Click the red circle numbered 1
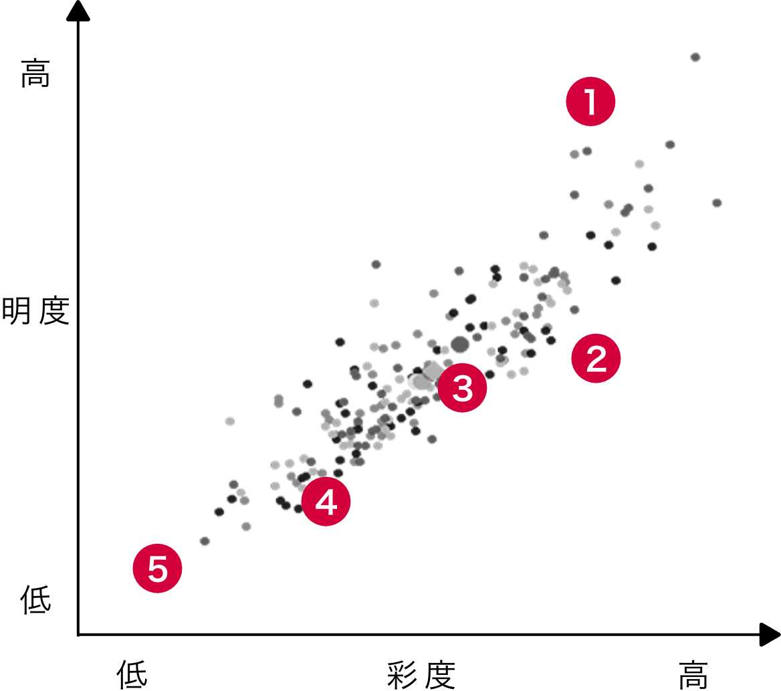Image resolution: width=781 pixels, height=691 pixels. point(590,102)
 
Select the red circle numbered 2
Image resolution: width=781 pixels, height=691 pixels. point(596,358)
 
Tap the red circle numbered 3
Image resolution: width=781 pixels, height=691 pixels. point(462,387)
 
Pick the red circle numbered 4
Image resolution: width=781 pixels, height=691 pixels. point(326,501)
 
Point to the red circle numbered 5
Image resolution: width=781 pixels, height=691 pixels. point(157,569)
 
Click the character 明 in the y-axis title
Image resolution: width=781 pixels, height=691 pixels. point(17,311)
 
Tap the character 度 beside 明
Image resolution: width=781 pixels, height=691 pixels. point(53,311)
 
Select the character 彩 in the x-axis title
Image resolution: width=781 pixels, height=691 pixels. point(402,676)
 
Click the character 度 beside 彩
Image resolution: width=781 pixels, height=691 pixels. point(440,676)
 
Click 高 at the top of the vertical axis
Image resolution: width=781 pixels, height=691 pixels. point(35,73)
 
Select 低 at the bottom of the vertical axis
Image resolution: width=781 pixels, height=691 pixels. point(35,599)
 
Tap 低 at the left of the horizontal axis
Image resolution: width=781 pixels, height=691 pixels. point(132,674)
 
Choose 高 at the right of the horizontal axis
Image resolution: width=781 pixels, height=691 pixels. point(693,675)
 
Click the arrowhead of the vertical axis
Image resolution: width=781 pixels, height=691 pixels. point(78,10)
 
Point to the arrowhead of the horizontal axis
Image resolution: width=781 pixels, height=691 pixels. point(770,635)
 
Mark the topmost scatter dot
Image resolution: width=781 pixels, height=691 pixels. point(695,58)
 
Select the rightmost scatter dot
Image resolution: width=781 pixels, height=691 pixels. point(717,203)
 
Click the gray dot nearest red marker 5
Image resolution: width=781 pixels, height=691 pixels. point(205,541)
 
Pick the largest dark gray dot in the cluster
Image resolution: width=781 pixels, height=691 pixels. point(460,344)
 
